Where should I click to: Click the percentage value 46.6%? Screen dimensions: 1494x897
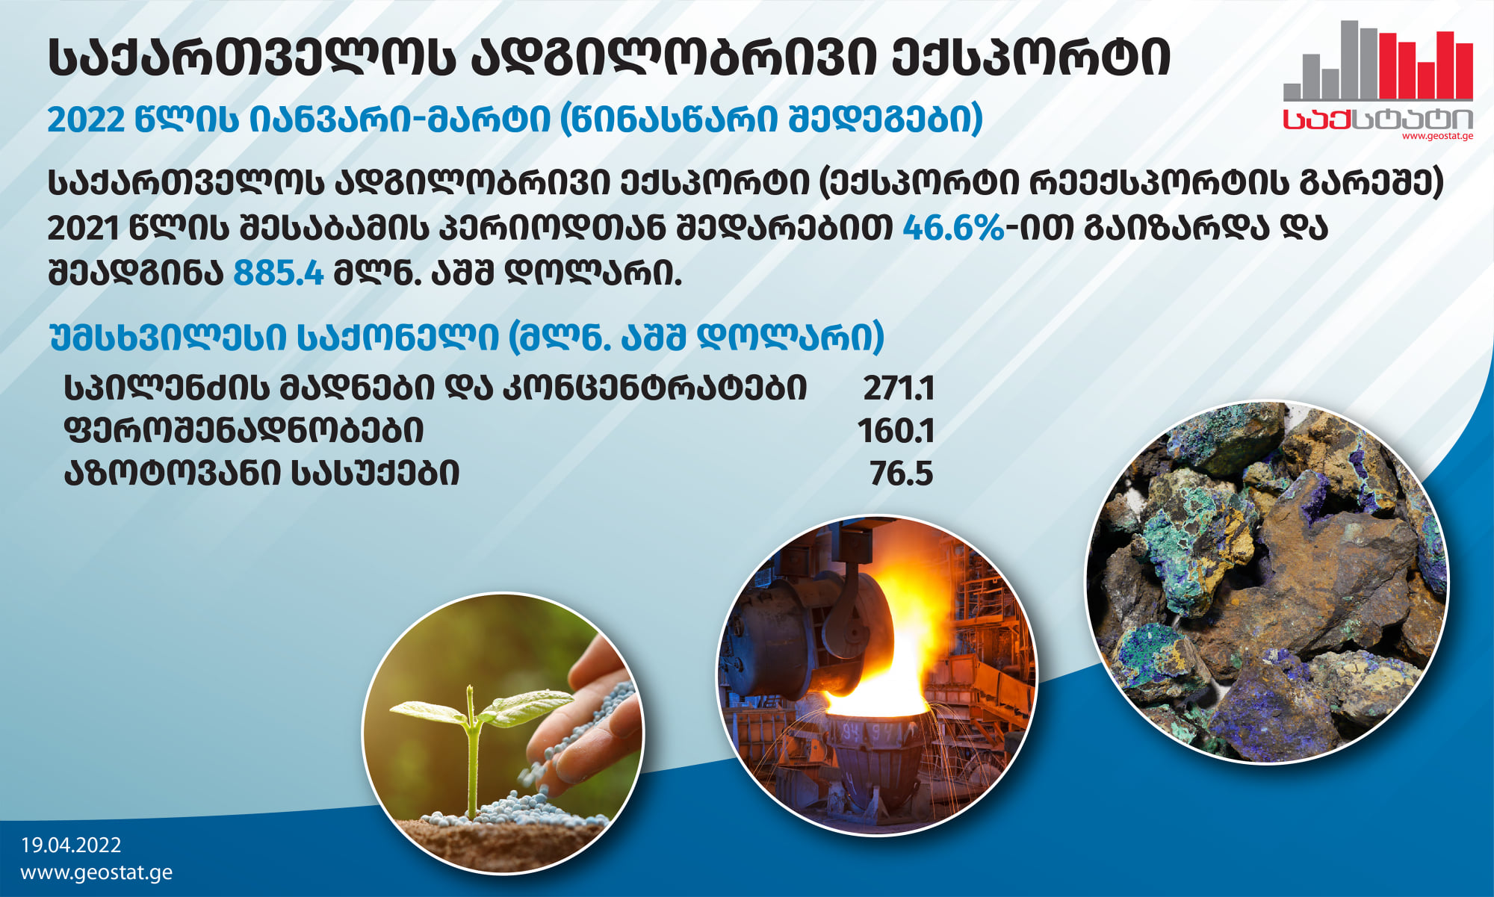(x=953, y=228)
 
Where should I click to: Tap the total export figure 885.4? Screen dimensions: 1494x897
(x=279, y=273)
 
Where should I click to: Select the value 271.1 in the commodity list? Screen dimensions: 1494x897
(x=899, y=388)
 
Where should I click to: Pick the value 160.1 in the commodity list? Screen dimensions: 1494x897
(x=896, y=431)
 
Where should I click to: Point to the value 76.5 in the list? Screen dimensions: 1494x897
(x=902, y=474)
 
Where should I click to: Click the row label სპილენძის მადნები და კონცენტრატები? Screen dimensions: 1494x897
(x=436, y=388)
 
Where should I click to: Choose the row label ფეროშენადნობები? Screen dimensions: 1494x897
(x=244, y=431)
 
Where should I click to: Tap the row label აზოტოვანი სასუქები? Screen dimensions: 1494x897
(x=261, y=474)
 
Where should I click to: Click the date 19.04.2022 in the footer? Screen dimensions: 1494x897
(x=71, y=845)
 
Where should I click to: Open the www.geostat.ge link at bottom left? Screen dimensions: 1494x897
(x=96, y=872)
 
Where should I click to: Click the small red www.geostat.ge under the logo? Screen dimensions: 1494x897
(x=1437, y=136)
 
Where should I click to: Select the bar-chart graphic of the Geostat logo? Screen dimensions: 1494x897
(x=1378, y=60)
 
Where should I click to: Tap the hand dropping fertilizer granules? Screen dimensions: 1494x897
(x=590, y=717)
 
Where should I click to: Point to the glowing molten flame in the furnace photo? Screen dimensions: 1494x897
(x=881, y=657)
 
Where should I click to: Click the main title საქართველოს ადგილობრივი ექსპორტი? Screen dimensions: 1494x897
(x=610, y=58)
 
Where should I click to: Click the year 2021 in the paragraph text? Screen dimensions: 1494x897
(x=84, y=228)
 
